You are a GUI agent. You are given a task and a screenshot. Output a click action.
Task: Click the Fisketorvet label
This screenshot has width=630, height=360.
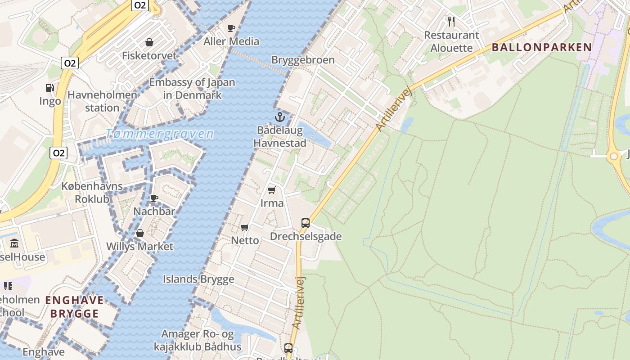(x=149, y=56)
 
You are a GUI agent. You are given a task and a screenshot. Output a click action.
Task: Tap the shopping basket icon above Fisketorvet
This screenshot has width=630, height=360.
(x=149, y=42)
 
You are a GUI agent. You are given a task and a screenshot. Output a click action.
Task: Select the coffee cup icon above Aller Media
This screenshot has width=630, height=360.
(x=232, y=28)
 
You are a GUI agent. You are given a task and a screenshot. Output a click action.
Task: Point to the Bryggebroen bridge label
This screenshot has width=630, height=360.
(x=303, y=60)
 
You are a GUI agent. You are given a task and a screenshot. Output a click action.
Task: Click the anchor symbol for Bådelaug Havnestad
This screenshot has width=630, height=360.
(x=280, y=117)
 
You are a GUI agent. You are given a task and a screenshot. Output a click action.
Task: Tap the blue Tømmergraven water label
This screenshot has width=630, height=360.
(x=160, y=134)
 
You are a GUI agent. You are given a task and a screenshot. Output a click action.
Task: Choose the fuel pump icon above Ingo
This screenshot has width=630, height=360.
(x=50, y=88)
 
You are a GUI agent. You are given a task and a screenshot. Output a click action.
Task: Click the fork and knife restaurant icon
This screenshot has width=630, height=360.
(x=451, y=21)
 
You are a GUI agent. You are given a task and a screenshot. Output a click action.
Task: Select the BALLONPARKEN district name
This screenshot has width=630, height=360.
(x=542, y=47)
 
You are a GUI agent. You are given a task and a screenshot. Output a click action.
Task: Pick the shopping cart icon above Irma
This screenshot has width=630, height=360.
(x=272, y=190)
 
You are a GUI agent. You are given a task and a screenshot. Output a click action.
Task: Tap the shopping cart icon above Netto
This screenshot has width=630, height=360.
(x=245, y=227)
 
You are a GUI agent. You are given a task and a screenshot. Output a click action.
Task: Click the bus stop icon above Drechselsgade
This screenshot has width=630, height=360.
(x=306, y=223)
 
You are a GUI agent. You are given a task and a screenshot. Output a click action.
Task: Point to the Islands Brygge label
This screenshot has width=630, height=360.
(x=198, y=279)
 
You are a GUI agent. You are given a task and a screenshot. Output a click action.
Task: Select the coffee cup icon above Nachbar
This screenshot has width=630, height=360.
(x=154, y=198)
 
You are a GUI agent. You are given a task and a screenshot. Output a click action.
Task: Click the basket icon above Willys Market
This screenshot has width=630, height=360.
(x=140, y=233)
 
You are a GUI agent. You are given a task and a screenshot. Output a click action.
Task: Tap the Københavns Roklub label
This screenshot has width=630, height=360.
(x=92, y=192)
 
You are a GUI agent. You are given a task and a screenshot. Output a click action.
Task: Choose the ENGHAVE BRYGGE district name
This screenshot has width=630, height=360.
(x=75, y=307)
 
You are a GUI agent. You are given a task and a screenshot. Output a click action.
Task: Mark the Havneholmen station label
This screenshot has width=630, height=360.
(x=102, y=101)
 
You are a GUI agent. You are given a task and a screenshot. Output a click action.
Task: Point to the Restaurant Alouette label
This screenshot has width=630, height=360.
(x=451, y=41)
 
